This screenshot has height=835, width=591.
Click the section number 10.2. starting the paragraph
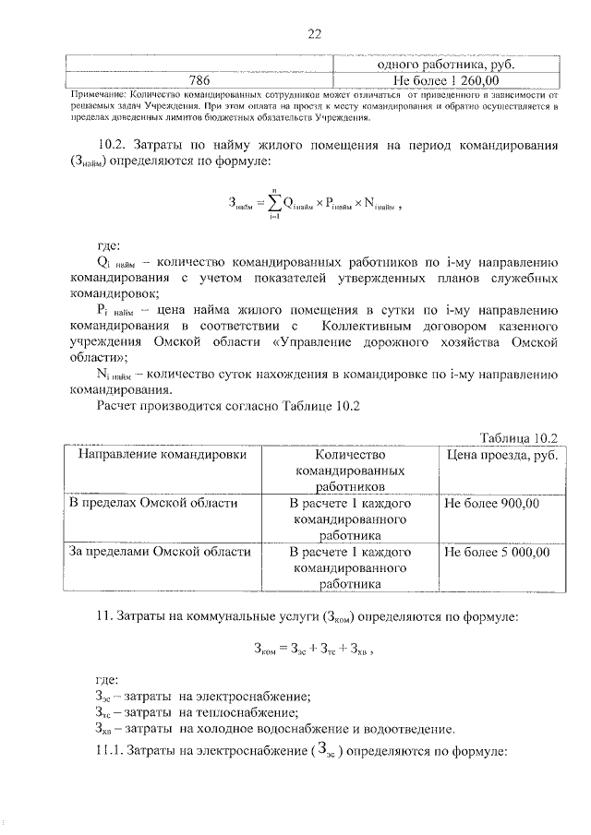click(115, 147)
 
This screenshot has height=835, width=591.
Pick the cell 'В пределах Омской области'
click(154, 504)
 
